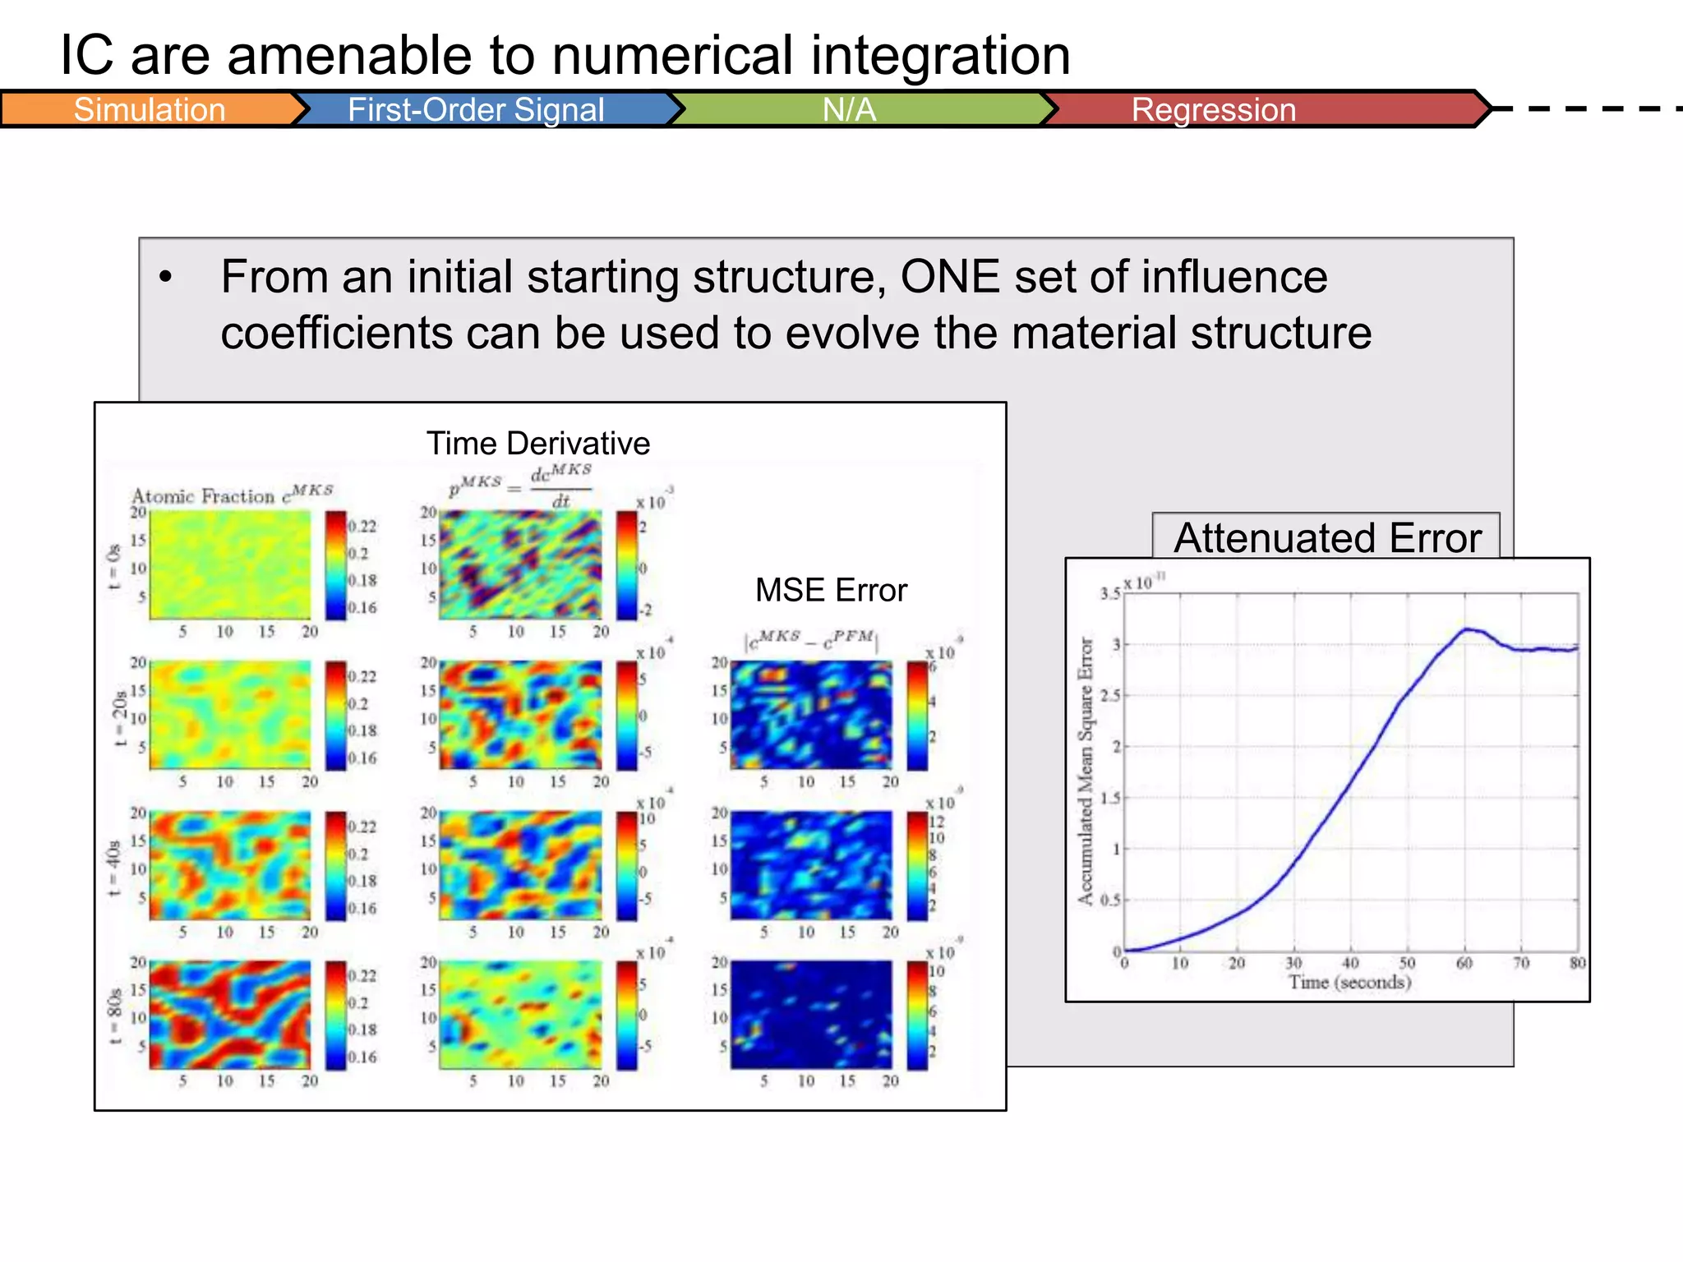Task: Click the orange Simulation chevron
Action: (x=150, y=109)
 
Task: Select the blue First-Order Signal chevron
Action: (x=477, y=109)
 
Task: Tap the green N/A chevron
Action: (x=850, y=109)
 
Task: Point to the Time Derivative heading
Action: (x=538, y=444)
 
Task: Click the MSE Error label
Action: (x=831, y=590)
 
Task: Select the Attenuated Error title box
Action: (x=1326, y=537)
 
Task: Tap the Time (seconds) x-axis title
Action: (x=1349, y=982)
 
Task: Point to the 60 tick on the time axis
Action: (x=1464, y=963)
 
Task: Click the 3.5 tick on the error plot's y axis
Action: (x=1109, y=593)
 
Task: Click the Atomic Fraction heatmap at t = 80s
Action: (x=230, y=1015)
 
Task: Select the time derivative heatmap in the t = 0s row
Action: (x=520, y=564)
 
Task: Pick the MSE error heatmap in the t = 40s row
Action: (x=811, y=865)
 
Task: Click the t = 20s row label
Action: (x=120, y=717)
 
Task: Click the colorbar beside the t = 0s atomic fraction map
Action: (x=335, y=564)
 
